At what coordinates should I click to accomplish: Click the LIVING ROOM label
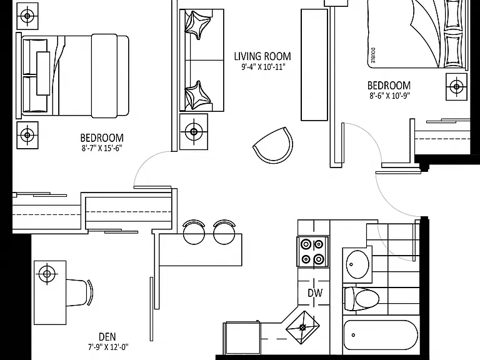tap(262, 56)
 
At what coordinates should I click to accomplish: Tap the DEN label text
tap(107, 337)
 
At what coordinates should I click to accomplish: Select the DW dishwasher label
tap(315, 293)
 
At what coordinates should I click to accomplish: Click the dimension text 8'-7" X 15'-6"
tap(102, 149)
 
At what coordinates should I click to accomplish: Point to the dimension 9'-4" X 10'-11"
tap(263, 67)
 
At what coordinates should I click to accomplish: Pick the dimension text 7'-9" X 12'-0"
tap(108, 347)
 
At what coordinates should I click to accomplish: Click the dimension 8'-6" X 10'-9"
tap(389, 96)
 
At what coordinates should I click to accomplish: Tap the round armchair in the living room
tap(273, 145)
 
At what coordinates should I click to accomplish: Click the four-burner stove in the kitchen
tap(312, 252)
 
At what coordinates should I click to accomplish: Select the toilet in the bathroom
tap(362, 299)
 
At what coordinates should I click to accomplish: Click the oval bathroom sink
tap(357, 264)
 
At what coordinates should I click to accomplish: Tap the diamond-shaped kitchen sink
tap(302, 327)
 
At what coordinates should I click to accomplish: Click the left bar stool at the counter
tap(194, 232)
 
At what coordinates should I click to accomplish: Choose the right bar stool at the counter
tap(224, 232)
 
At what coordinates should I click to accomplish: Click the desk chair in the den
tap(80, 292)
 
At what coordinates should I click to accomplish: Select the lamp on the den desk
tap(47, 274)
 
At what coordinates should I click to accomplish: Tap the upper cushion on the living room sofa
tap(198, 25)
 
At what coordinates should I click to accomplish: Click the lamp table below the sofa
tap(194, 132)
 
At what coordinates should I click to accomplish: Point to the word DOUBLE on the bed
tap(372, 55)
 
